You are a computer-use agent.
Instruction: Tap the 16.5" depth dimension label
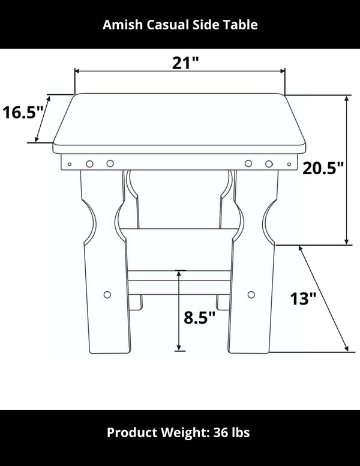[x=23, y=112]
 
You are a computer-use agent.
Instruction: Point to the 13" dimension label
[x=303, y=298]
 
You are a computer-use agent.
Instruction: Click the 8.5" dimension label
[x=199, y=317]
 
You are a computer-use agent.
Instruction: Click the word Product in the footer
[x=130, y=432]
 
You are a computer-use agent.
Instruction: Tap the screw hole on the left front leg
[x=107, y=294]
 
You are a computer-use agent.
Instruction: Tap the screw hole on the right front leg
[x=251, y=295]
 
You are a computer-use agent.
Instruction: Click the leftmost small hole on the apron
[x=70, y=163]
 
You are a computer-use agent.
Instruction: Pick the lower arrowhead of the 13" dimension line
[x=346, y=349]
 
